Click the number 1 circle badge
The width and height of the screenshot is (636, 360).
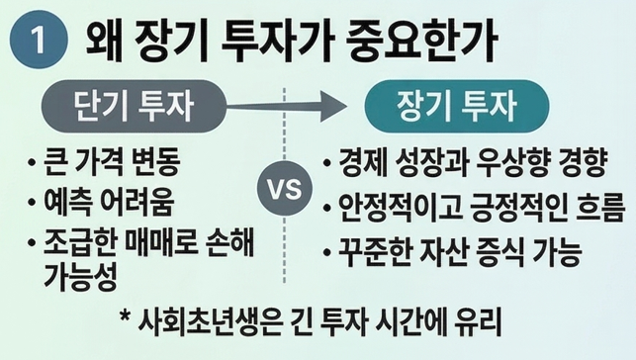point(39,40)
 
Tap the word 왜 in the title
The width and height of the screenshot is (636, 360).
point(104,41)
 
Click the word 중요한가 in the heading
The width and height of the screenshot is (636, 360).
point(421,41)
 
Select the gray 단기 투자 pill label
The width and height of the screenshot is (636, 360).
point(134,106)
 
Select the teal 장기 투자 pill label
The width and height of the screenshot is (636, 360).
point(457,106)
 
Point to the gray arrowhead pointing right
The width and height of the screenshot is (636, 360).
point(333,106)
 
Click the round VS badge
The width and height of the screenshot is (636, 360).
point(285,189)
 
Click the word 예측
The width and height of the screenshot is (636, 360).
point(67,201)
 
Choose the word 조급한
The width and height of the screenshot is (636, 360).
point(79,242)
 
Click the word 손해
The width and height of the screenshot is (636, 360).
point(230,242)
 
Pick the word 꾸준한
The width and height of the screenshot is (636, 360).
point(375,251)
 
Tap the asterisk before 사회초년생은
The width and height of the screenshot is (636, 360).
point(126,316)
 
